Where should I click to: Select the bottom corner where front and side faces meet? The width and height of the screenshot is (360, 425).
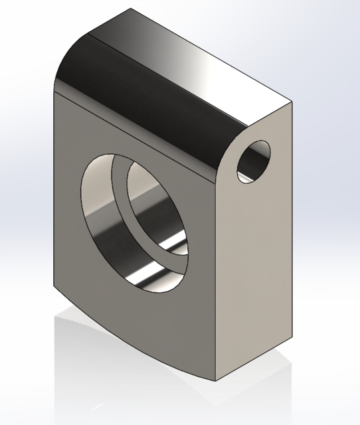tap(215, 381)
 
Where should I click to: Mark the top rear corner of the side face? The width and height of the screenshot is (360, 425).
tap(292, 103)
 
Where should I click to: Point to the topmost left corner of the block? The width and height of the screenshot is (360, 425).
tap(131, 9)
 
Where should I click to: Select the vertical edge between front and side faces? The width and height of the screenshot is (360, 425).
tap(216, 279)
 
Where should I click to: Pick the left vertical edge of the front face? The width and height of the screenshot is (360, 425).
tap(54, 199)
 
